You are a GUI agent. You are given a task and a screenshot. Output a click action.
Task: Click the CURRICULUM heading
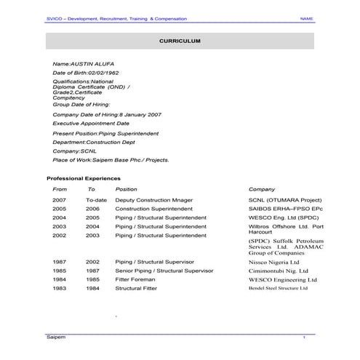click(180, 41)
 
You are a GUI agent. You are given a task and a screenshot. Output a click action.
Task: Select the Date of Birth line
click(86, 73)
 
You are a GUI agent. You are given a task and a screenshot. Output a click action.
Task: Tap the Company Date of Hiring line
click(107, 115)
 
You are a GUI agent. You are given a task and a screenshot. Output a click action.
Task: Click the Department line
click(100, 143)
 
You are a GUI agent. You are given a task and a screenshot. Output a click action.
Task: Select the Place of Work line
click(111, 159)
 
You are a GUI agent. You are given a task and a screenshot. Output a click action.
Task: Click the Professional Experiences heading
click(84, 178)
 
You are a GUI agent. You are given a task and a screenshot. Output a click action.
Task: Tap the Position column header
click(126, 189)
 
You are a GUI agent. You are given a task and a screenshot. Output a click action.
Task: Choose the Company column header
click(262, 189)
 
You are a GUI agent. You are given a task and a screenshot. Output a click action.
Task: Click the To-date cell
click(96, 199)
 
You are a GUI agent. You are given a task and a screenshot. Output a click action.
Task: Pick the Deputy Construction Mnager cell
click(154, 199)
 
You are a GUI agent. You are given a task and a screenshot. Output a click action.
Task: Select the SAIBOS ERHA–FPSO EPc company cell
click(284, 208)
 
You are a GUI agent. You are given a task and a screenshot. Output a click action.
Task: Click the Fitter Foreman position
click(135, 279)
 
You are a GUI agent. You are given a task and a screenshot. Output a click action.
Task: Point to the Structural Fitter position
click(136, 288)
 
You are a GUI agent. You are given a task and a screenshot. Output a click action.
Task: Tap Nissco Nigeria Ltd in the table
click(273, 262)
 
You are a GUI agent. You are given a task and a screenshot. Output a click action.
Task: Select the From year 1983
click(59, 288)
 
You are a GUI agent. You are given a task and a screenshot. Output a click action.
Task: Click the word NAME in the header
click(307, 18)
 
